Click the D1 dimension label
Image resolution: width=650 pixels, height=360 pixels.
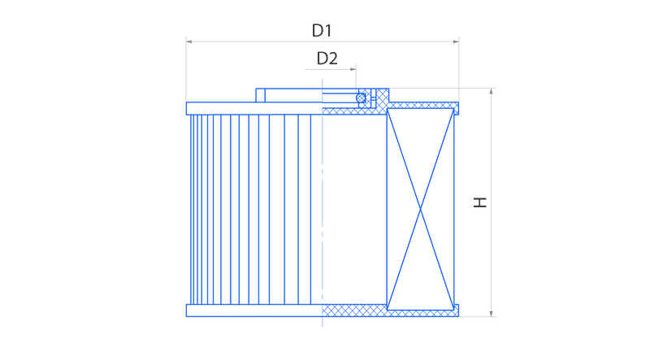point(322,30)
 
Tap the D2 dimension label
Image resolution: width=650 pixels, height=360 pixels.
point(327,59)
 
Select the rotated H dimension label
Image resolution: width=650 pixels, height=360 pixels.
point(480,202)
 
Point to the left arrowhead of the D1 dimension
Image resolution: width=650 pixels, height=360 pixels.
point(189,41)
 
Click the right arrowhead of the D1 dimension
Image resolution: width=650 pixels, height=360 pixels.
point(456,41)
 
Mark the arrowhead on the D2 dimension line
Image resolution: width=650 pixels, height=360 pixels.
point(353,69)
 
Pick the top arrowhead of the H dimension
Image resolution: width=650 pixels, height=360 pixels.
point(492,91)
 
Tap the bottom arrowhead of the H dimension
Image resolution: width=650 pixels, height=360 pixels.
point(492,314)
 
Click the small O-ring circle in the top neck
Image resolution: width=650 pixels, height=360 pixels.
point(361,98)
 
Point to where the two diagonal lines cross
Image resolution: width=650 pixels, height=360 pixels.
point(420,209)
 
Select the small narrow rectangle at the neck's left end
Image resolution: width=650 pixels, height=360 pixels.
point(260,95)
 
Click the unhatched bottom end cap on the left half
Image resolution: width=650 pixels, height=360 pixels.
point(254,310)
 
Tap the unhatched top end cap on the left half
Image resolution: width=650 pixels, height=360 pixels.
point(254,108)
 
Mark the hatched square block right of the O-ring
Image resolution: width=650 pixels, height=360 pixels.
point(382,98)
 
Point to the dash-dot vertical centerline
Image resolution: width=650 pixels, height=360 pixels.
point(322,202)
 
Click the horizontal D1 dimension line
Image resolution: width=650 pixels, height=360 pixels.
point(323,41)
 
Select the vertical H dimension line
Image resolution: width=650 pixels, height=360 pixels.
point(492,202)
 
